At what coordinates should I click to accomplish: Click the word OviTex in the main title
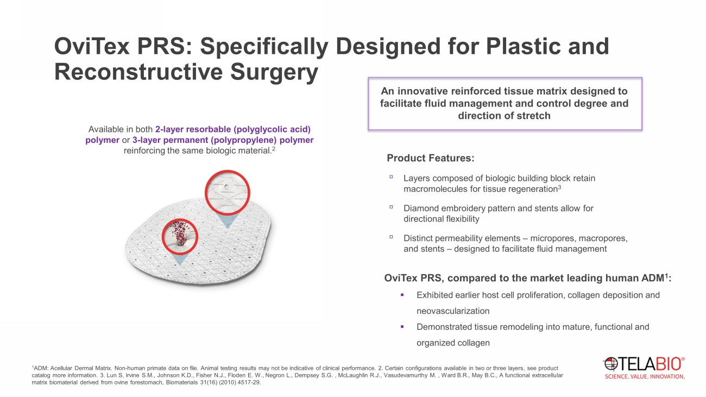click(92, 46)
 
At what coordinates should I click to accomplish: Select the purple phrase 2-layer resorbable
click(193, 129)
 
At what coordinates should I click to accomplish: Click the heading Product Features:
click(431, 158)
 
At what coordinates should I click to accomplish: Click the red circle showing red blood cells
click(180, 237)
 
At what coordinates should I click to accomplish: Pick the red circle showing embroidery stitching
click(227, 192)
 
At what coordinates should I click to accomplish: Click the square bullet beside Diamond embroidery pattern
click(391, 207)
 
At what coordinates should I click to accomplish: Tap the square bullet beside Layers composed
click(391, 177)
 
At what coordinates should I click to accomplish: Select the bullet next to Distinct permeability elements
click(391, 237)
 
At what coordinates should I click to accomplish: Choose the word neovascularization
click(453, 311)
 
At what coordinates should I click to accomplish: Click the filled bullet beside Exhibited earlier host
click(402, 295)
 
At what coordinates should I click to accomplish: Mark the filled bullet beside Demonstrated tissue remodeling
click(402, 327)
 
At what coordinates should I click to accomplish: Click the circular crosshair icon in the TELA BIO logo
click(610, 364)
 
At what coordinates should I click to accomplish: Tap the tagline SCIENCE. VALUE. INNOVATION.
click(645, 376)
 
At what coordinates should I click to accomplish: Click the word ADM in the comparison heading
click(654, 278)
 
